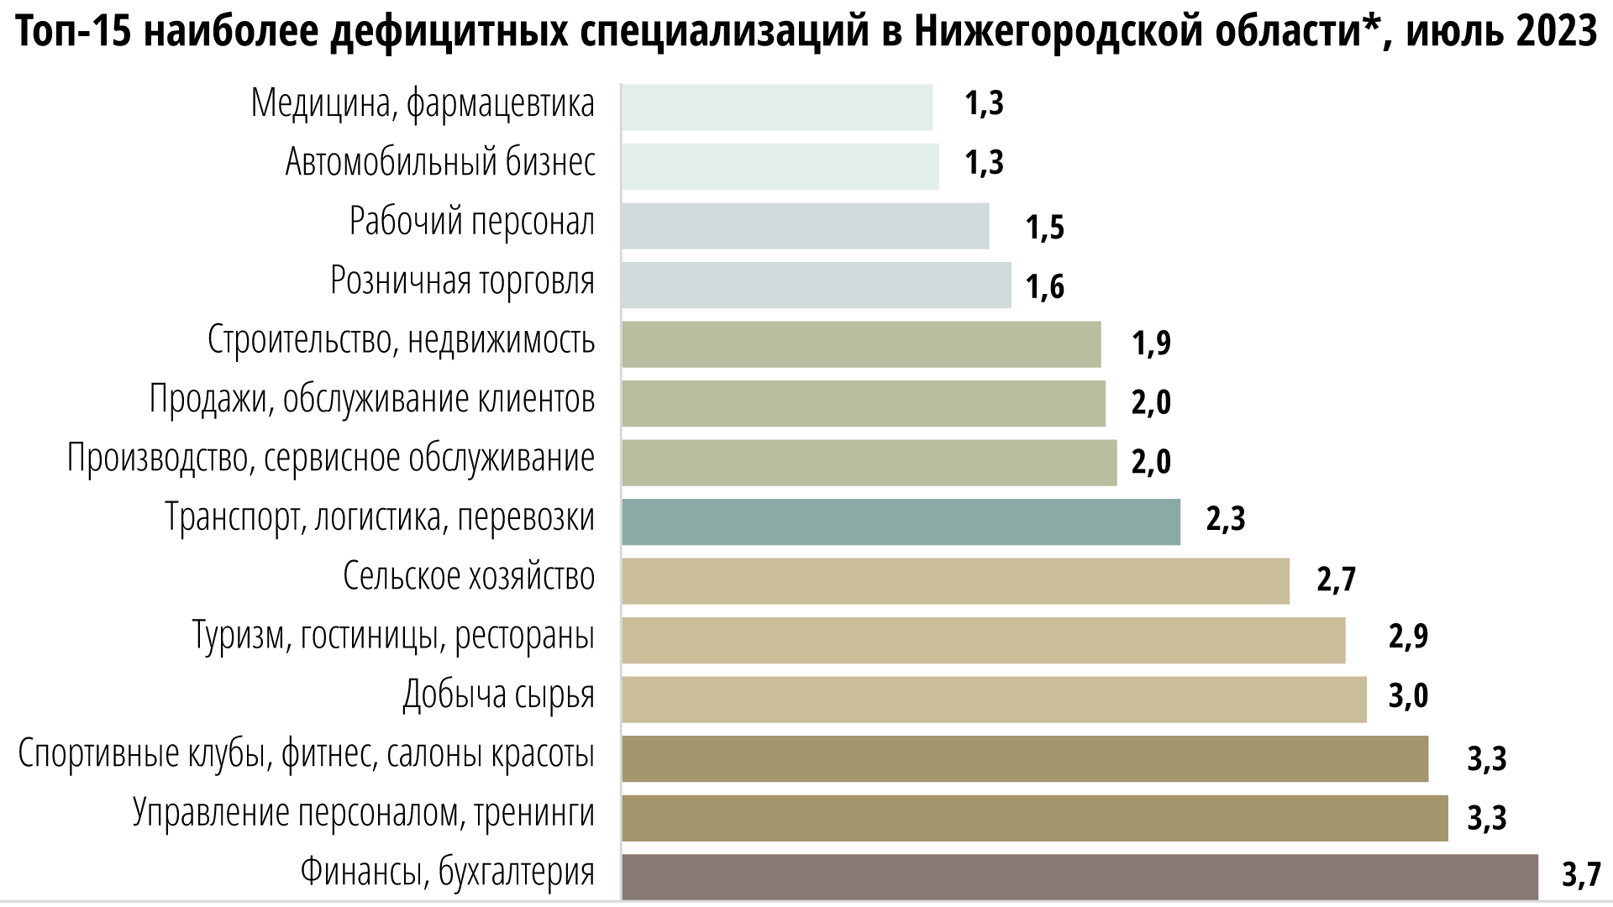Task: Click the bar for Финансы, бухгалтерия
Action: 1080,877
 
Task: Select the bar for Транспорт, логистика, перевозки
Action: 901,522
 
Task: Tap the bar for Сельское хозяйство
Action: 955,580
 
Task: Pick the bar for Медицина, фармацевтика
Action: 777,107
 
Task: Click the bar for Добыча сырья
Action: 994,699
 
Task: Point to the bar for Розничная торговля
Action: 817,285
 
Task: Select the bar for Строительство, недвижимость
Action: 861,343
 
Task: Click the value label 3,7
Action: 1581,874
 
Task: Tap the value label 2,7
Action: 1336,579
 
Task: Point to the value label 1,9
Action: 1151,342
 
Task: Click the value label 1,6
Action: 1044,286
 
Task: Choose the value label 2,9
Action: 1408,636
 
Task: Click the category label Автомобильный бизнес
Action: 440,162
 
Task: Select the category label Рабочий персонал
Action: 471,222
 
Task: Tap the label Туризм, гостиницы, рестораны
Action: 393,636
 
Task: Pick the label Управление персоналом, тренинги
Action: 363,813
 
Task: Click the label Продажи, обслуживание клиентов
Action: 372,399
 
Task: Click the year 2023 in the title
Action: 1557,31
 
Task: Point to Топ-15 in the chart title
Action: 71,31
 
